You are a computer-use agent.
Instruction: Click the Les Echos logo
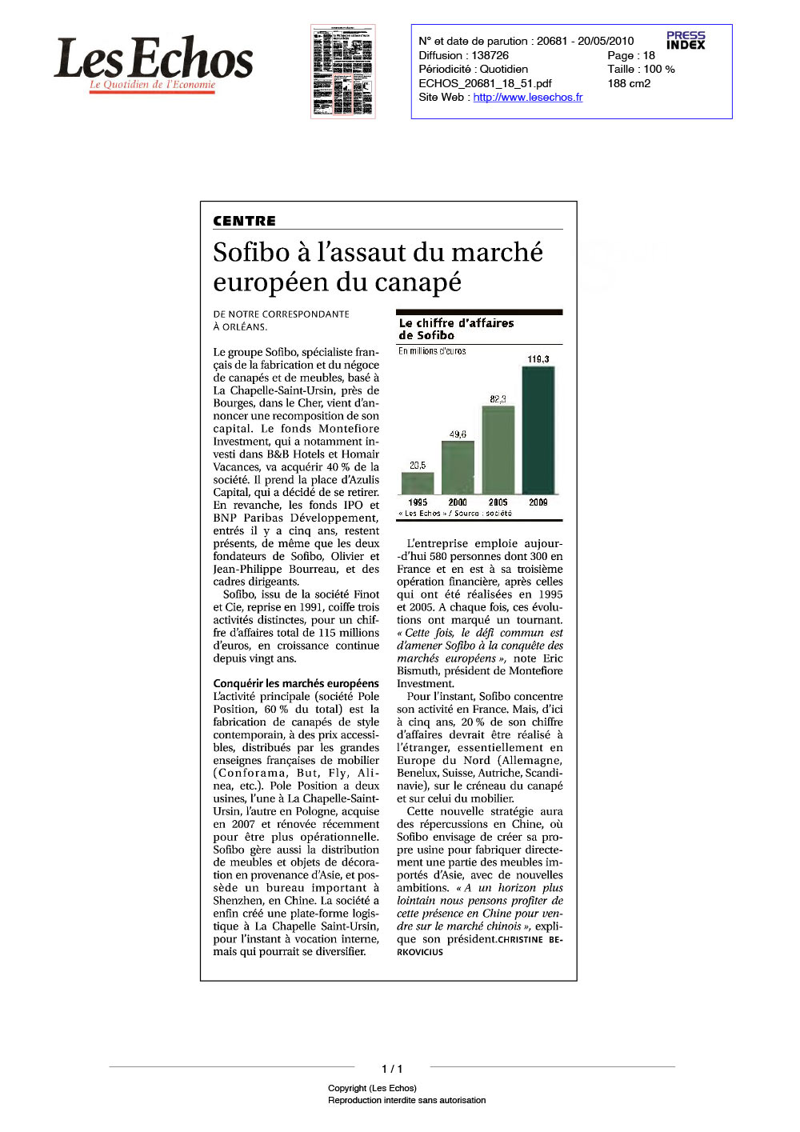pyautogui.click(x=153, y=62)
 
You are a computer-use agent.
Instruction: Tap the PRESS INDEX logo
pyautogui.click(x=686, y=40)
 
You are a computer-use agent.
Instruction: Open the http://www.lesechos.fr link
pyautogui.click(x=527, y=97)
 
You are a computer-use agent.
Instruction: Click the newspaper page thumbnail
pyautogui.click(x=342, y=71)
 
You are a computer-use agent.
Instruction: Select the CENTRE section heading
pyautogui.click(x=244, y=221)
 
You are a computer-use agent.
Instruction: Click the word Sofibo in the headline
pyautogui.click(x=251, y=252)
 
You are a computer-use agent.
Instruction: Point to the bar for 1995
pyautogui.click(x=418, y=482)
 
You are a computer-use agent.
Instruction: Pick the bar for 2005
pyautogui.click(x=498, y=450)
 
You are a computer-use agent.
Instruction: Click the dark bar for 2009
pyautogui.click(x=538, y=430)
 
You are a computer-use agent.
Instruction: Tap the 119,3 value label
pyautogui.click(x=538, y=359)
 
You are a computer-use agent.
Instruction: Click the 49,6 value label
pyautogui.click(x=458, y=434)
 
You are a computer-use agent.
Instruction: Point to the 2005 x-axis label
pyautogui.click(x=498, y=502)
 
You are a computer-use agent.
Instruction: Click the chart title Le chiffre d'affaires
pyautogui.click(x=456, y=323)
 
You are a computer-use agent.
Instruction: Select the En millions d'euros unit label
pyautogui.click(x=432, y=351)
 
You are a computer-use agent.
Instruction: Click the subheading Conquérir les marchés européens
pyautogui.click(x=296, y=683)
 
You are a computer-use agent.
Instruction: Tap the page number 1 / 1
pyautogui.click(x=392, y=1069)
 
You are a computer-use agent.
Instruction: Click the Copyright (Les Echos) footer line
pyautogui.click(x=372, y=1088)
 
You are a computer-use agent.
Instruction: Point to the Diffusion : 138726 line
pyautogui.click(x=463, y=55)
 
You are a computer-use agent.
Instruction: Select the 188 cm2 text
pyautogui.click(x=629, y=83)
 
